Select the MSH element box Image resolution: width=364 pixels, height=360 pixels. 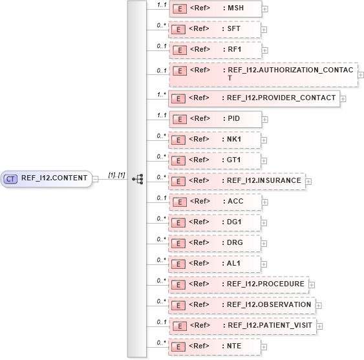(215, 8)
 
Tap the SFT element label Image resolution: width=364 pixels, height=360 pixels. (230, 30)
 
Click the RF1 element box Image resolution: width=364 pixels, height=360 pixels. (215, 50)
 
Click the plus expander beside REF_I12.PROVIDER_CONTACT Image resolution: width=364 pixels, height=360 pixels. (343, 99)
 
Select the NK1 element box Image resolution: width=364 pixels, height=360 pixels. (215, 140)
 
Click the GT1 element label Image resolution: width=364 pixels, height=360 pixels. (231, 160)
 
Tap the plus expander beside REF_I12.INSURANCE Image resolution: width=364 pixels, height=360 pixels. (308, 182)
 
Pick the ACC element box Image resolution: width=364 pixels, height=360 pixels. (215, 202)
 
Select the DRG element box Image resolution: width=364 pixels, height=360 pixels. (215, 242)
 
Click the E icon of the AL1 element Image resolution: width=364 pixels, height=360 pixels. (178, 264)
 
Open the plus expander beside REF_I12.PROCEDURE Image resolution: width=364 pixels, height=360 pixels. (312, 284)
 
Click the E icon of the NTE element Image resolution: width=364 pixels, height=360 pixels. (178, 346)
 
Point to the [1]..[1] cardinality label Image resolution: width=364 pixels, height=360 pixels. (116, 175)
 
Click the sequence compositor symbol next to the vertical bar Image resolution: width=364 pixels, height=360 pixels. (137, 179)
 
